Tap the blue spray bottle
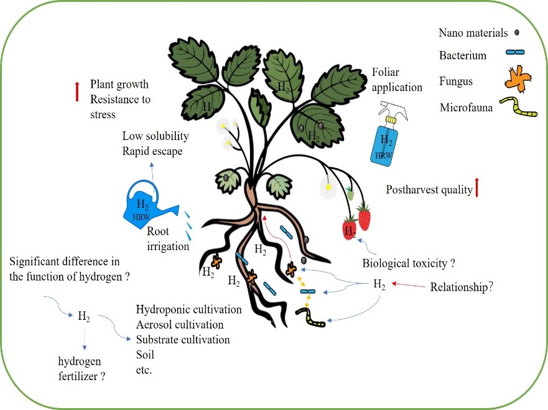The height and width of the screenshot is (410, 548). tap(386, 141)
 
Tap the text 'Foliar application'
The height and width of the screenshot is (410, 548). tap(396, 79)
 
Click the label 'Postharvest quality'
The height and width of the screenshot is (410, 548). tap(429, 190)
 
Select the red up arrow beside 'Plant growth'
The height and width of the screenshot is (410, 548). tap(77, 91)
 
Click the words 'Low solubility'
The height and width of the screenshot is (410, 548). tap(155, 136)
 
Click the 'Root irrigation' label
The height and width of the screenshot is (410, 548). tap(167, 238)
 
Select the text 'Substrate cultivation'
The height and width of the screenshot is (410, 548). tap(182, 340)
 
